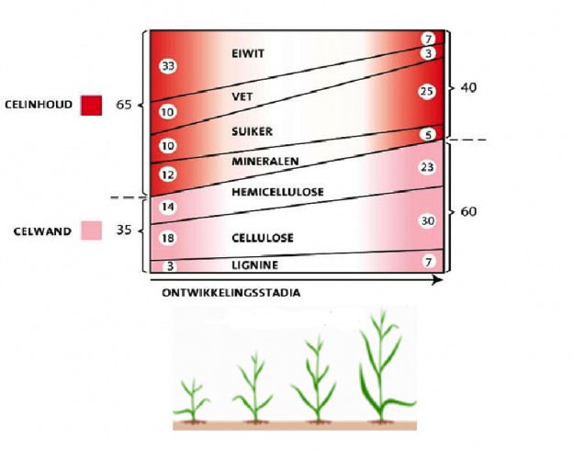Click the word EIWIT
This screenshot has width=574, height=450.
248,54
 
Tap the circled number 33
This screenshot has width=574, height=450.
167,66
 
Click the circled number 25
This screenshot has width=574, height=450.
427,92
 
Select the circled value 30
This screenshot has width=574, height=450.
427,220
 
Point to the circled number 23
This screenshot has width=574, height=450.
427,167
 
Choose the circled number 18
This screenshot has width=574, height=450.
167,239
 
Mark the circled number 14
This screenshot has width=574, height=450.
167,208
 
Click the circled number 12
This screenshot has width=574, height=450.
167,174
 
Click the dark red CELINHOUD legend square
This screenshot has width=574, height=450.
91,105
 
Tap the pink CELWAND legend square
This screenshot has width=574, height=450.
91,231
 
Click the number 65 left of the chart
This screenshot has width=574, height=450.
124,105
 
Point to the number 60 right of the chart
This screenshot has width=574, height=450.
468,212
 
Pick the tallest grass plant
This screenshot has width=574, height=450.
378,367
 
